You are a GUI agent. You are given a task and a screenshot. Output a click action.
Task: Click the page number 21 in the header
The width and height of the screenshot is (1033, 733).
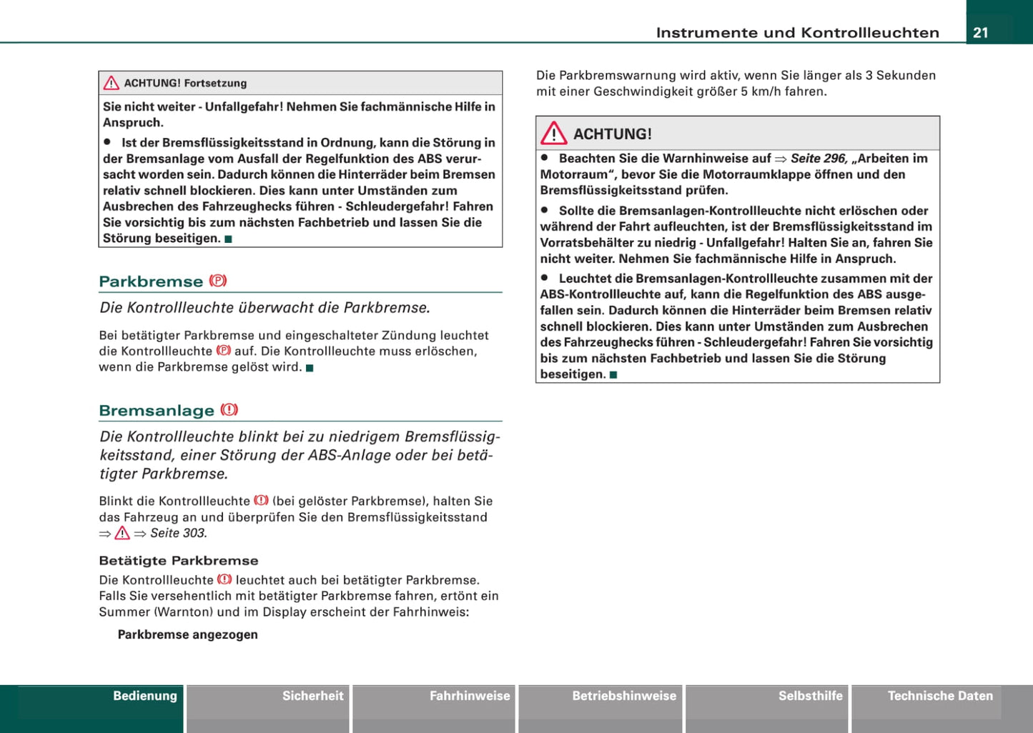coord(981,32)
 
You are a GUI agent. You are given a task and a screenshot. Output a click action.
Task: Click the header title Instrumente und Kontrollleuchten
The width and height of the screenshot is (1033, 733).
coord(797,32)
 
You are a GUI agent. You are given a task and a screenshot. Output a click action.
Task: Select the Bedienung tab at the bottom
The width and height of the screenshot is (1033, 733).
coord(144,696)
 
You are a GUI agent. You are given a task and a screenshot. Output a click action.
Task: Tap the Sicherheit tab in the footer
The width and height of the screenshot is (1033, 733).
coord(312,696)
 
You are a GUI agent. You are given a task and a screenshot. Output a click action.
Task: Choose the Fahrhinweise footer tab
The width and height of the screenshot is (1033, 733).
coord(470,696)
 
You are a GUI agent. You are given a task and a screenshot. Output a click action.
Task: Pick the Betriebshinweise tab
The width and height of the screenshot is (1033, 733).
coord(623,696)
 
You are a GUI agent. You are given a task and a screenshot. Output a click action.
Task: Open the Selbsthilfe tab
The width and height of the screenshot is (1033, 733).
coord(810,696)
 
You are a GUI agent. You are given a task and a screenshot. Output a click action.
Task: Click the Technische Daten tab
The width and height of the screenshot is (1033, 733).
coord(940,696)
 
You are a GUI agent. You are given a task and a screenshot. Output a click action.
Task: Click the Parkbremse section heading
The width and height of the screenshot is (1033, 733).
coord(151,281)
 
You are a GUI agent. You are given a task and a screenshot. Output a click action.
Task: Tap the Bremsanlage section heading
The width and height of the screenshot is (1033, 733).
coord(157,411)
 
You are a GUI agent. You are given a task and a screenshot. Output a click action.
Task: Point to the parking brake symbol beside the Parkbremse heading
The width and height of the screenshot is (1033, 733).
coord(218,281)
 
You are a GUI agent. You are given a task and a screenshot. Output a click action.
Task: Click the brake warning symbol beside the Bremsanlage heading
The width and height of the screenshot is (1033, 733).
coord(229,410)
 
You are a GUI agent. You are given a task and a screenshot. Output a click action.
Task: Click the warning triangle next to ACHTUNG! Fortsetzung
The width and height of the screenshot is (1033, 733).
coord(112,84)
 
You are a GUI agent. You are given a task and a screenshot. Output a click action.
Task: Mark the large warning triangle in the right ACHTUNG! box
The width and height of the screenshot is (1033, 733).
coord(554,134)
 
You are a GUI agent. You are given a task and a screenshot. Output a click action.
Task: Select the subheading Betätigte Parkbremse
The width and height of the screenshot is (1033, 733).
coord(179,561)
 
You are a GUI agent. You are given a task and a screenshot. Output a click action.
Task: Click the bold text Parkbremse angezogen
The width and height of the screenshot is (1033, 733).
coord(187,634)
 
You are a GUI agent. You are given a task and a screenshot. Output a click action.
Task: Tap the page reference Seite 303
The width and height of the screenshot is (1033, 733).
coord(178,533)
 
